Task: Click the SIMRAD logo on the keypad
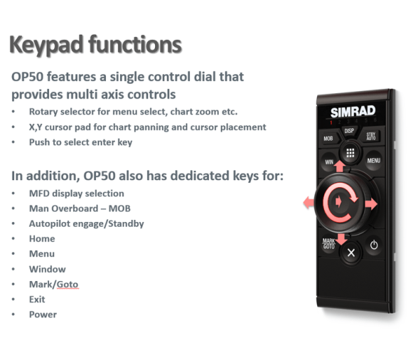[x=353, y=112]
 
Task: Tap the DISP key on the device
[x=349, y=131]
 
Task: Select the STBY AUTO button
[x=371, y=136]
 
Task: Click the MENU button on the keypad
[x=373, y=160]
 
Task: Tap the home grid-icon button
[x=350, y=153]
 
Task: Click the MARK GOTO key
[x=328, y=243]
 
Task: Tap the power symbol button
[x=374, y=245]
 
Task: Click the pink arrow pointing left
[x=309, y=202]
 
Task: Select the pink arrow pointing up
[x=339, y=166]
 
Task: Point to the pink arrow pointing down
[x=341, y=239]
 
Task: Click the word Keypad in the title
[x=46, y=45]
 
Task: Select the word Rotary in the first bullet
[x=43, y=112]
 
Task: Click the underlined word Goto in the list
[x=68, y=285]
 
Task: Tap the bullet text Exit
[x=37, y=300]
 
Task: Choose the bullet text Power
[x=43, y=314]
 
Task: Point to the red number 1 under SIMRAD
[x=331, y=122]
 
